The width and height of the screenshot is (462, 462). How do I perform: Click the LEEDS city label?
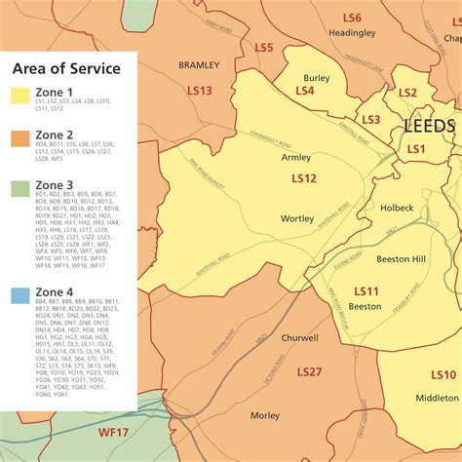429,127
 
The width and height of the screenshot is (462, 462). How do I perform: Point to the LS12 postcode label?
304,178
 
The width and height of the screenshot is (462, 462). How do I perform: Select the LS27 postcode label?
309,372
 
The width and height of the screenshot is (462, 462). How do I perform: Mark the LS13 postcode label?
199,91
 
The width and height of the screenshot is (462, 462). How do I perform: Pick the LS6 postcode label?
351,19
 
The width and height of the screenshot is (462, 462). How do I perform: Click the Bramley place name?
199,64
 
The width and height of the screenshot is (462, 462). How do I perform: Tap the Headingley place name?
352,32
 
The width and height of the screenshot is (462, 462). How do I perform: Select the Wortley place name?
297,219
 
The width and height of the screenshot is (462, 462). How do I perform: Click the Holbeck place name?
397,208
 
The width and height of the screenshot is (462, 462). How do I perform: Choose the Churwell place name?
299,338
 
